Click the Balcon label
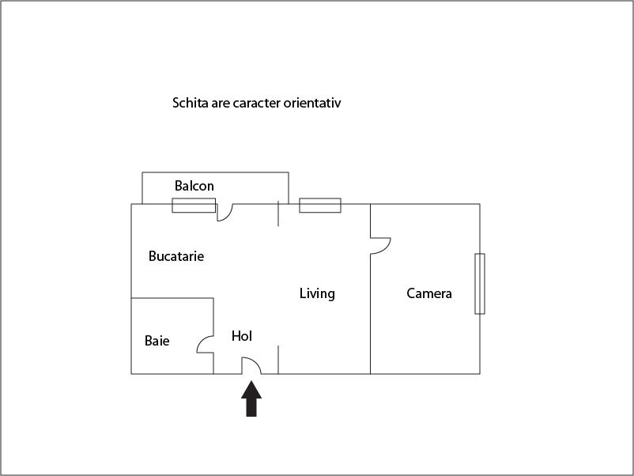[194, 186]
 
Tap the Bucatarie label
[176, 256]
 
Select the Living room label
[317, 293]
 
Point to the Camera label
[429, 293]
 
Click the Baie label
[157, 341]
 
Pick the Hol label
[242, 336]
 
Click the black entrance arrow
[251, 399]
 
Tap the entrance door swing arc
[256, 362]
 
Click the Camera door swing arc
[386, 247]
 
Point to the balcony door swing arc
[228, 216]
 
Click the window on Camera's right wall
[480, 284]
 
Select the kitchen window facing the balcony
[194, 206]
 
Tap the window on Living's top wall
[320, 206]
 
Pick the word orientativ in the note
[312, 103]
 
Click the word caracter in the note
[257, 103]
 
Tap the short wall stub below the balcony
[278, 213]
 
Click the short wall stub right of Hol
[278, 360]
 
